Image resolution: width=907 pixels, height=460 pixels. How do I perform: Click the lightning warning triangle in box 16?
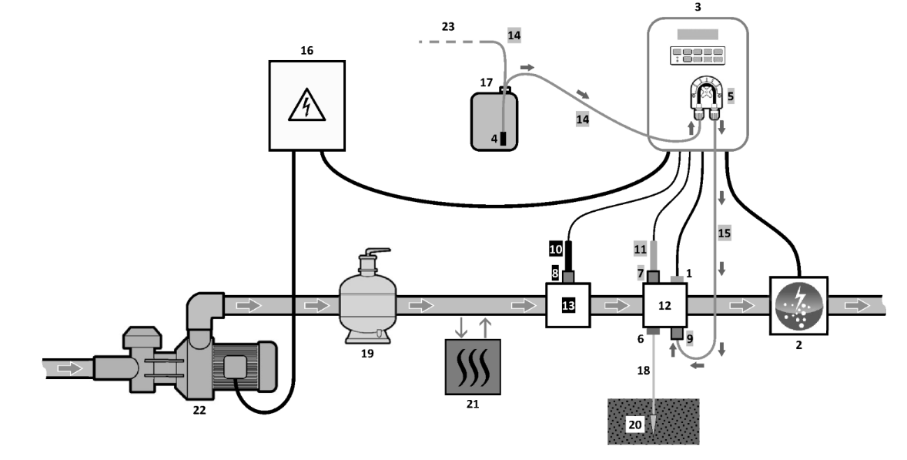(306, 106)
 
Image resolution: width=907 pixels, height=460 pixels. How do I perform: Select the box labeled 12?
(665, 305)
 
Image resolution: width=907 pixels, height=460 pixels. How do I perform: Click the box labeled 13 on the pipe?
(569, 305)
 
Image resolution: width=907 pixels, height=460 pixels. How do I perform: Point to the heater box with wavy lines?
(473, 367)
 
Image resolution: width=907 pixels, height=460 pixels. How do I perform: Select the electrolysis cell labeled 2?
(799, 305)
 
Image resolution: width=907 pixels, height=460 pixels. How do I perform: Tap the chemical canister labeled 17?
(494, 119)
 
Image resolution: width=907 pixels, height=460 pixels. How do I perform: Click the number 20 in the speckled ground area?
(635, 425)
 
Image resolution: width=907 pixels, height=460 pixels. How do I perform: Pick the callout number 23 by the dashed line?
(447, 27)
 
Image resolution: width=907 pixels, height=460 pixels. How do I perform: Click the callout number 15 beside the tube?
(725, 233)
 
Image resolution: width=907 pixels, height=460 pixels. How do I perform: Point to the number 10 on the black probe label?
(555, 250)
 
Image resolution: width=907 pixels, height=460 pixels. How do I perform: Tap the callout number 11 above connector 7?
(640, 250)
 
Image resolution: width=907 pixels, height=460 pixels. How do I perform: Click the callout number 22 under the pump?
(199, 410)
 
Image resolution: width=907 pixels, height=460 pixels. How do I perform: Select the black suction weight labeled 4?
(503, 139)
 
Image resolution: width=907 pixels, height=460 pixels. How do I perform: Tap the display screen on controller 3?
(698, 34)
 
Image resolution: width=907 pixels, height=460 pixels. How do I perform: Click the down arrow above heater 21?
(461, 327)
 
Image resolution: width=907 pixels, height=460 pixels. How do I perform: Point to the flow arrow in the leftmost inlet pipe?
(71, 368)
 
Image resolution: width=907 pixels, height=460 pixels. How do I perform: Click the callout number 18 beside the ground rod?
(643, 371)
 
